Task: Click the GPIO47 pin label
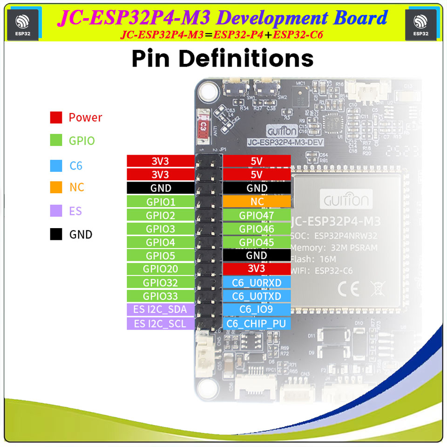pyautogui.click(x=257, y=216)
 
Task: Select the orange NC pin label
pyautogui.click(x=257, y=202)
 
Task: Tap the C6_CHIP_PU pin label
pyautogui.click(x=257, y=324)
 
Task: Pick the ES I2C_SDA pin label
pyautogui.click(x=160, y=310)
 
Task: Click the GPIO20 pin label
pyautogui.click(x=160, y=269)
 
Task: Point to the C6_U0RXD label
pyautogui.click(x=257, y=283)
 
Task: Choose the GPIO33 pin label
pyautogui.click(x=160, y=296)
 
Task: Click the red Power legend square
pyautogui.click(x=56, y=117)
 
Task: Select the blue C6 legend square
pyautogui.click(x=56, y=165)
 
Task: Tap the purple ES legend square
pyautogui.click(x=56, y=211)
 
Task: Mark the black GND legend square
pyautogui.click(x=56, y=234)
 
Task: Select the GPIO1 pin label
pyautogui.click(x=160, y=202)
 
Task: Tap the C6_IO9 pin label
pyautogui.click(x=257, y=310)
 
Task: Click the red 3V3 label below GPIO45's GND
pyautogui.click(x=257, y=269)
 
